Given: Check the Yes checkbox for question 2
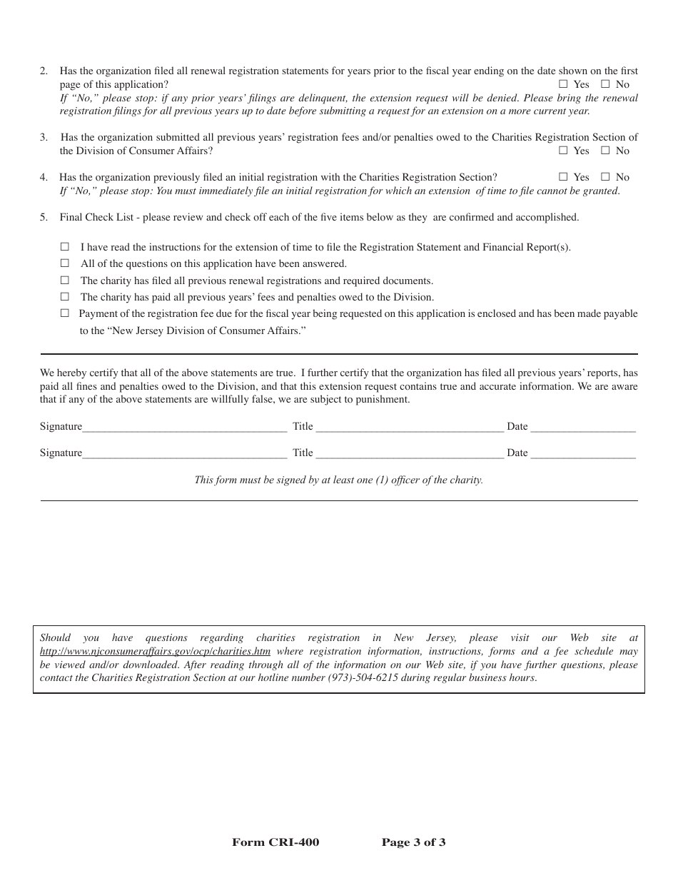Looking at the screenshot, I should pyautogui.click(x=563, y=84).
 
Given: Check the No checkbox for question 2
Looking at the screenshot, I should pyautogui.click(x=605, y=84).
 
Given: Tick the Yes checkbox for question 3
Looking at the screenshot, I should pyautogui.click(x=563, y=151).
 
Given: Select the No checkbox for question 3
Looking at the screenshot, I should pyautogui.click(x=605, y=151).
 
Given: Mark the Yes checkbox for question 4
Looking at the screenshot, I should pyautogui.click(x=563, y=177).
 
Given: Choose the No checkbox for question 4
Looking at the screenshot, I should pyautogui.click(x=605, y=177).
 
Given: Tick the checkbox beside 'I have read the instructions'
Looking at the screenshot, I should pyautogui.click(x=65, y=247).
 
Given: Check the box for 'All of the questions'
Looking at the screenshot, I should pyautogui.click(x=65, y=263).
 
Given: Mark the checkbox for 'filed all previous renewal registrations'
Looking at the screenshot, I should pyautogui.click(x=65, y=281).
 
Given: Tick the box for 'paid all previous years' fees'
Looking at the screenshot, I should pyautogui.click(x=65, y=297).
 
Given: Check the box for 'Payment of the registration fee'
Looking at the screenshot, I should pyautogui.click(x=65, y=313).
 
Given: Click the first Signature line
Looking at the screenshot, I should pyautogui.click(x=184, y=427).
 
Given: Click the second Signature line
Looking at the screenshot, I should pyautogui.click(x=184, y=453).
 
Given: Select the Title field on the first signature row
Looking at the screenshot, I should pyautogui.click(x=409, y=427).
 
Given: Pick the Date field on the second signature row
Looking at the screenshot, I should pyautogui.click(x=582, y=453).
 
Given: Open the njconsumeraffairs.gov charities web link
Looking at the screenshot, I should pyautogui.click(x=155, y=651).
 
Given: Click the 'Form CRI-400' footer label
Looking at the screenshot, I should pyautogui.click(x=275, y=842).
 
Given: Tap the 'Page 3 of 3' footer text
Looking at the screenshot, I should pyautogui.click(x=413, y=842).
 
